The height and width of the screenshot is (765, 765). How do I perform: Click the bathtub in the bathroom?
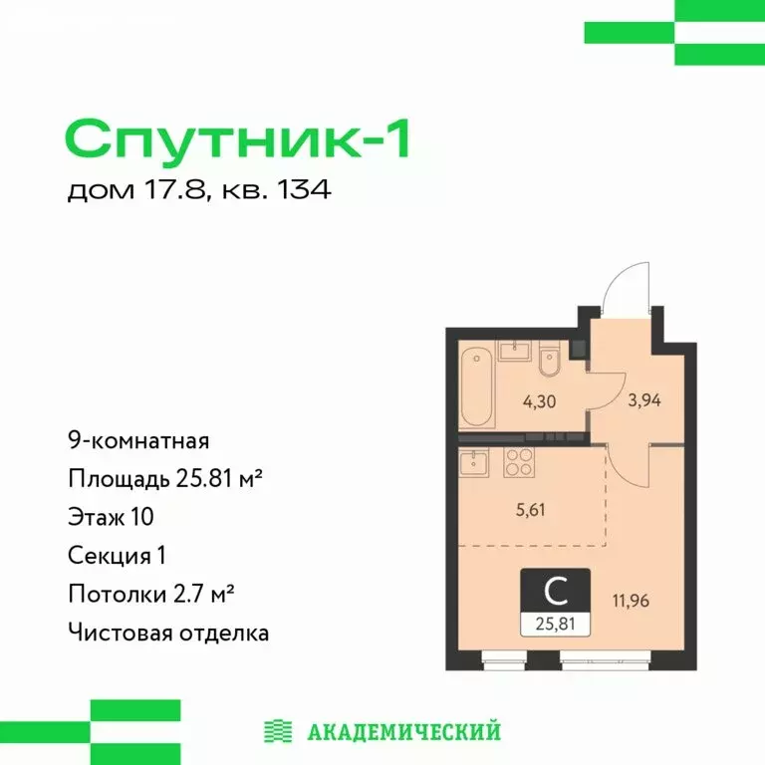[474, 386]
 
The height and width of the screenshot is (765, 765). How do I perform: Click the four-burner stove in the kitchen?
[520, 461]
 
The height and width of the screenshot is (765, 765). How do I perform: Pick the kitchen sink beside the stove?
[472, 461]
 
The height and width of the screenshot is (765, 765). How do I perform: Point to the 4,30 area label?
[513, 404]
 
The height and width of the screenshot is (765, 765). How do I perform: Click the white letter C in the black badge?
[556, 592]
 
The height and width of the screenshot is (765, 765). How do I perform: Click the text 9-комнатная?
[137, 439]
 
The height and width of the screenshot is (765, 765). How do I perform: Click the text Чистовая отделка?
[168, 632]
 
